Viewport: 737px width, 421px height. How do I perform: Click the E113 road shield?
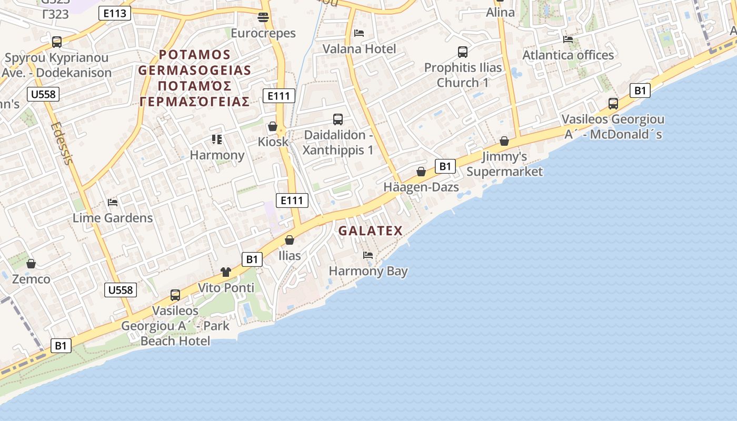coord(114,13)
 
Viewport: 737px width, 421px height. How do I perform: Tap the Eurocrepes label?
coord(263,33)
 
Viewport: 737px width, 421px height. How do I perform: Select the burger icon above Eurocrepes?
coord(263,17)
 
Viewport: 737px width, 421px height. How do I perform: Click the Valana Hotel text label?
coord(359,49)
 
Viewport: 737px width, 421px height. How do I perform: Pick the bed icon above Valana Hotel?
coord(359,33)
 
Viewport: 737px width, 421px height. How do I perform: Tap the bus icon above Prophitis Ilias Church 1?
coord(463,52)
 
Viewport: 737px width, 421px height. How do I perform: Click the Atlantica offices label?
coord(567,55)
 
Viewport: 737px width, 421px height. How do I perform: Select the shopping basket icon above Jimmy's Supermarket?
coord(504,141)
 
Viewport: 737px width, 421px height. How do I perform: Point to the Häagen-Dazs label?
coord(421,187)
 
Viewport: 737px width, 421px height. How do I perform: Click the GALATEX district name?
coord(370,230)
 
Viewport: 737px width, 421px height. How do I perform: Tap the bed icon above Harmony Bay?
coord(368,255)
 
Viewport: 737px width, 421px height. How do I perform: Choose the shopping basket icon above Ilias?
coord(290,240)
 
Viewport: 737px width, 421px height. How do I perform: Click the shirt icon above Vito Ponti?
coord(226,272)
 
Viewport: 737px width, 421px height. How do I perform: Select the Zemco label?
coord(31,279)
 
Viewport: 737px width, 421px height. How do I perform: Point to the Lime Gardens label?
coord(113,218)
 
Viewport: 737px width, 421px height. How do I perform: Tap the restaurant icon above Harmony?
coord(217,139)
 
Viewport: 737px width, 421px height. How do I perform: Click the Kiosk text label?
coord(273,142)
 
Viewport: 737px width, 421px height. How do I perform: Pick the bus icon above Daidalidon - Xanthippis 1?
coord(338,119)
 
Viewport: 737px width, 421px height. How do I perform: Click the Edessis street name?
coord(62,144)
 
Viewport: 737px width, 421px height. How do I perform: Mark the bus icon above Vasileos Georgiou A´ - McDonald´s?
coord(613,104)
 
